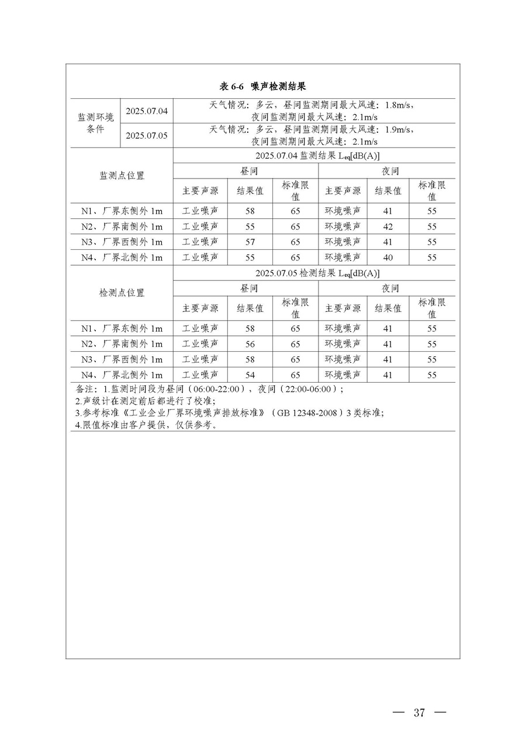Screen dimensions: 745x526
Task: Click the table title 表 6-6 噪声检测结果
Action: point(262,87)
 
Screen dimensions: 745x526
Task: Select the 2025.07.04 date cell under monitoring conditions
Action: point(147,111)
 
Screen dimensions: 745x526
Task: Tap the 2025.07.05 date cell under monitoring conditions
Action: point(147,136)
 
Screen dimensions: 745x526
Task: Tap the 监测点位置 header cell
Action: point(122,176)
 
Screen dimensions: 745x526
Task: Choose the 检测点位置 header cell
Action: point(122,293)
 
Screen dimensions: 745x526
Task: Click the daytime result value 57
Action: point(250,242)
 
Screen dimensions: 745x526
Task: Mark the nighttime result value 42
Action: point(387,226)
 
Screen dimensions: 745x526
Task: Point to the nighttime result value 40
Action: point(387,258)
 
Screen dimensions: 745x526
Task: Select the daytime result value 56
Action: point(250,344)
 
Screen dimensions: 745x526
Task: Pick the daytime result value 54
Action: point(250,375)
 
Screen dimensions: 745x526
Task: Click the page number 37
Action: point(419,712)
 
